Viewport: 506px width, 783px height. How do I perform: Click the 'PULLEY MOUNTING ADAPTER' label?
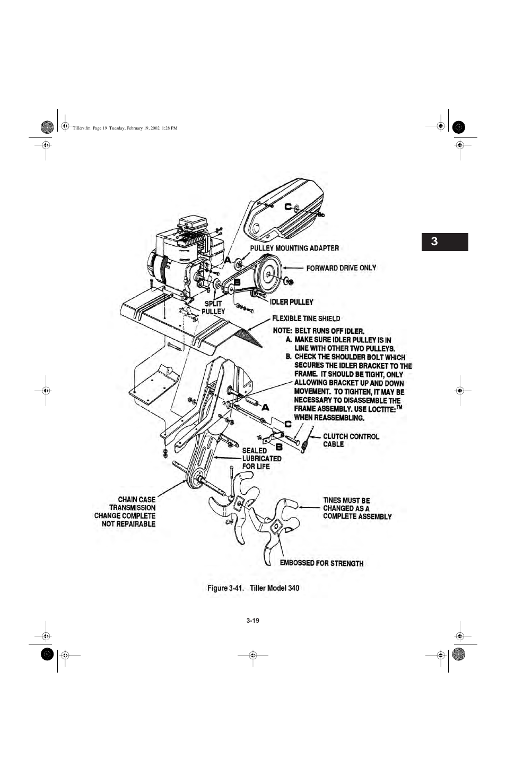pos(294,248)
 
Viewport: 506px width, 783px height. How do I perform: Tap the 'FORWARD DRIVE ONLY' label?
pos(341,268)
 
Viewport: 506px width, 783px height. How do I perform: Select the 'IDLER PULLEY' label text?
pos(291,302)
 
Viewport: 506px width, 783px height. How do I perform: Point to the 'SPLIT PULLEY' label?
pos(213,308)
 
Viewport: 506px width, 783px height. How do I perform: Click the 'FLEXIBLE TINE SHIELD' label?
pos(306,319)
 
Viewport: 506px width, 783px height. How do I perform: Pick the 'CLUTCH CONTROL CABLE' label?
pos(351,440)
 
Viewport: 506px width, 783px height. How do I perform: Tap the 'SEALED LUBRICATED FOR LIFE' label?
pos(261,458)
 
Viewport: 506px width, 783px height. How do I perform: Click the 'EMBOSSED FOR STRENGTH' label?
pos(321,563)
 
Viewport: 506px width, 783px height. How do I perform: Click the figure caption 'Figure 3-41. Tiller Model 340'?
pos(253,588)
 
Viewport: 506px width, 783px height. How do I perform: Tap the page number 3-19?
pos(252,621)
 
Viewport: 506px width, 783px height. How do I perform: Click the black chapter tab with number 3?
pos(444,242)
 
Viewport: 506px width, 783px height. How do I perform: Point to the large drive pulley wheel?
pos(268,273)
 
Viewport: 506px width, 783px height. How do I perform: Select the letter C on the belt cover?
pos(288,206)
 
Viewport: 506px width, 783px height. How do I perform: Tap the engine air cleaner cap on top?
pos(192,223)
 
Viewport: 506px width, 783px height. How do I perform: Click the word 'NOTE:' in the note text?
pos(282,330)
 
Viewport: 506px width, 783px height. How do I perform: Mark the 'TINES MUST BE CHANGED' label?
pos(357,508)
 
